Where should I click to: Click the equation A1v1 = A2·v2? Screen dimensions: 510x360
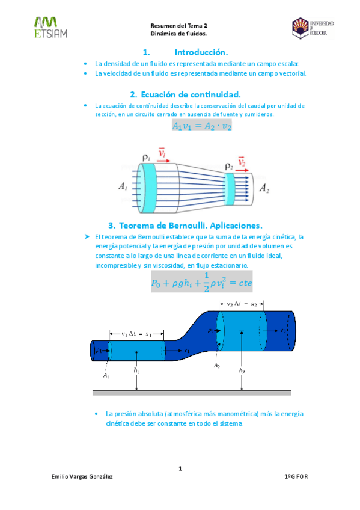[x=202, y=126]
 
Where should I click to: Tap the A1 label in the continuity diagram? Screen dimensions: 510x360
[x=123, y=187]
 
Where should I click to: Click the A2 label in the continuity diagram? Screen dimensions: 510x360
[x=263, y=188]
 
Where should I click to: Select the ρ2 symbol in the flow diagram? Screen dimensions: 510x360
[x=228, y=165]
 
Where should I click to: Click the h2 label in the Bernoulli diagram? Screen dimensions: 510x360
[x=242, y=371]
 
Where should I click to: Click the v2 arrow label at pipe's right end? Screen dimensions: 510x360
[x=283, y=330]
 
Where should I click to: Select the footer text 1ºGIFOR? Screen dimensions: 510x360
[x=295, y=476]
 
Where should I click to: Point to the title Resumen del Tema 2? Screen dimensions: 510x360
[x=179, y=26]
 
